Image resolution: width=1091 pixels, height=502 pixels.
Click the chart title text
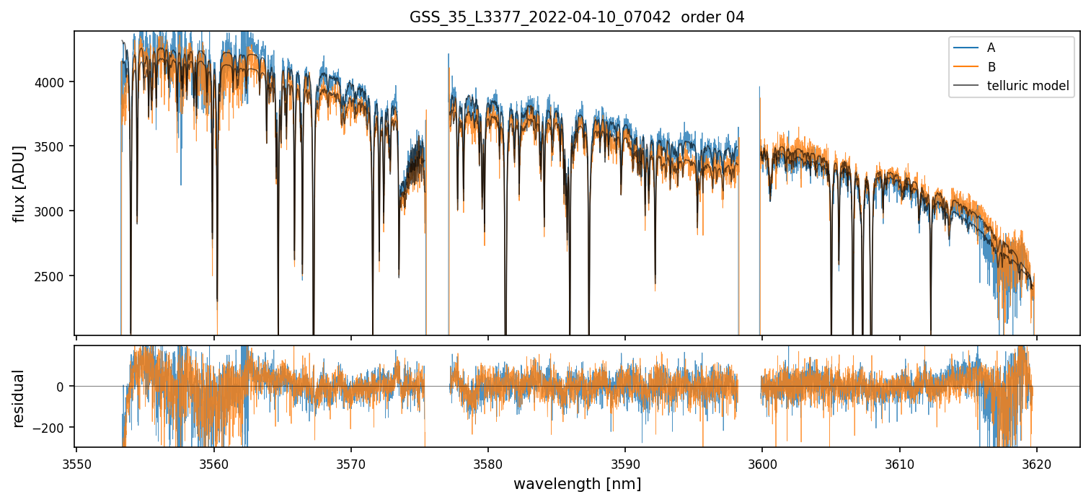(x=577, y=17)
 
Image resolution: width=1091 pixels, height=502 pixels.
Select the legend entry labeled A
(x=991, y=48)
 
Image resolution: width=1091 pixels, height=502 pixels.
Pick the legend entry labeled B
(x=991, y=67)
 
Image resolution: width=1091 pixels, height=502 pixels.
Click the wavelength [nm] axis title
(x=577, y=483)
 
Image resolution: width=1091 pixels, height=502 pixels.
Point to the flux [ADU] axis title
(x=19, y=183)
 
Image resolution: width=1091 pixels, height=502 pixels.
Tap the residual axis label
(x=19, y=398)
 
